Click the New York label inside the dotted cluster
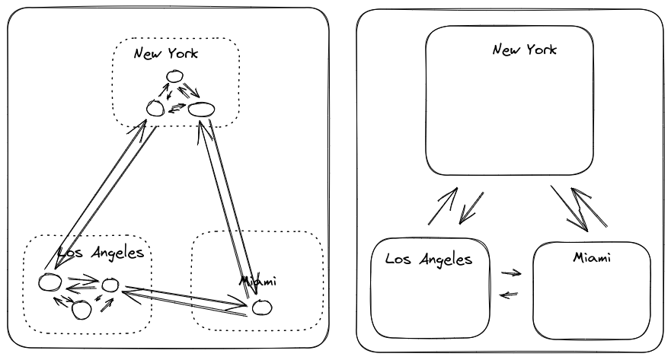[165, 53]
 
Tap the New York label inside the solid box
[524, 50]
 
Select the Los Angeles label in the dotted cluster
[101, 253]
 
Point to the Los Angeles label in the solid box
[429, 259]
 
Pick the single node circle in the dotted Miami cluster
[261, 307]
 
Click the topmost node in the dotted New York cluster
[174, 76]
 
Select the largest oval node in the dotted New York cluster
[201, 109]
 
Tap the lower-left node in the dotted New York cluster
[155, 109]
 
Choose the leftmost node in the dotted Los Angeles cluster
[50, 282]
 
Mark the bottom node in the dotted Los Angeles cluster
[81, 309]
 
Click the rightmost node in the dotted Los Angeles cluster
[110, 285]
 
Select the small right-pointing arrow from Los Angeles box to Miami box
[511, 272]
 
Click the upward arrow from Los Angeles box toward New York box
[443, 206]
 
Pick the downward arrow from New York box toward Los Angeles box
[468, 207]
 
